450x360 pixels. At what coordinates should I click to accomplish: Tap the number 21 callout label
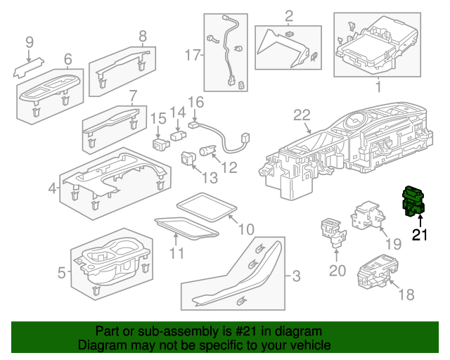tap(420, 235)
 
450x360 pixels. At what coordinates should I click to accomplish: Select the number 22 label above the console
tap(302, 115)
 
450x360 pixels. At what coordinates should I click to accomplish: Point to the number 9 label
tap(29, 42)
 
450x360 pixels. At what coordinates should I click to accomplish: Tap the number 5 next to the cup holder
tap(61, 271)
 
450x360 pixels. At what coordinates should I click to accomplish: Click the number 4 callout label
tap(52, 188)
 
